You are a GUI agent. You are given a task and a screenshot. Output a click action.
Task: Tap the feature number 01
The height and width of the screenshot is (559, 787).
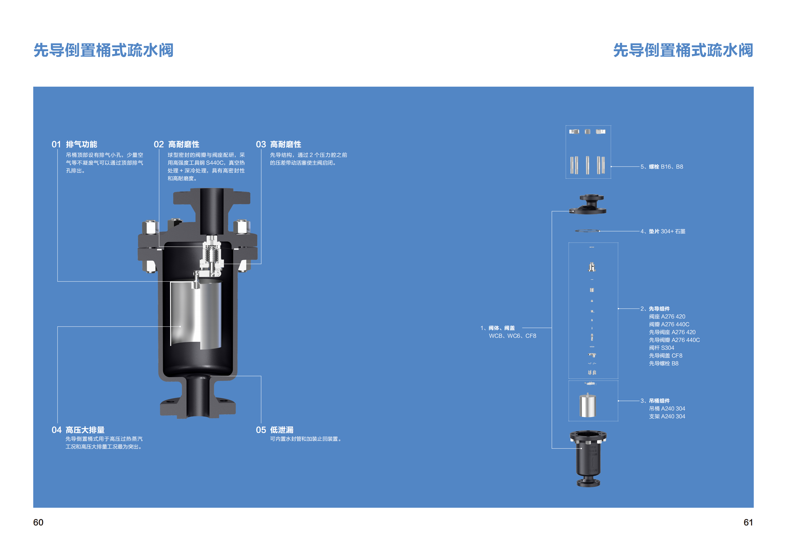point(56,144)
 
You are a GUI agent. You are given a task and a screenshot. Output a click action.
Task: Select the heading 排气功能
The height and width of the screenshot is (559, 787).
point(82,144)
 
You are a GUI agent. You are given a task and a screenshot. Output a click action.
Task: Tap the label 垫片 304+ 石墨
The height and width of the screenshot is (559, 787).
point(667,231)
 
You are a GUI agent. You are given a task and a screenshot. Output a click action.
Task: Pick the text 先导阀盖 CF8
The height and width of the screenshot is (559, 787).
point(665,356)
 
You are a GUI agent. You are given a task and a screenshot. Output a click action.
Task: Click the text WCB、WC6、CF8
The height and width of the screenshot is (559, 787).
point(512,336)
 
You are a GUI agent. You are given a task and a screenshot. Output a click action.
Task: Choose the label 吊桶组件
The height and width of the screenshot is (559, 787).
point(659,401)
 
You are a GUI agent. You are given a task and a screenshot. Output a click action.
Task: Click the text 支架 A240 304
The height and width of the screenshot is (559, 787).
point(667,416)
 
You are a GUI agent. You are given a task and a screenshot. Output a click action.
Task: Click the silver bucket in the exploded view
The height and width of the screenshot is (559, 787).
point(588,406)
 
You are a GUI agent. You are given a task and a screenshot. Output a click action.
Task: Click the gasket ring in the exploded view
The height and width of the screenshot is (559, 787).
point(588,231)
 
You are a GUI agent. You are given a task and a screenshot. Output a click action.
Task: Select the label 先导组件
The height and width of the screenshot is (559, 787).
point(659,309)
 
